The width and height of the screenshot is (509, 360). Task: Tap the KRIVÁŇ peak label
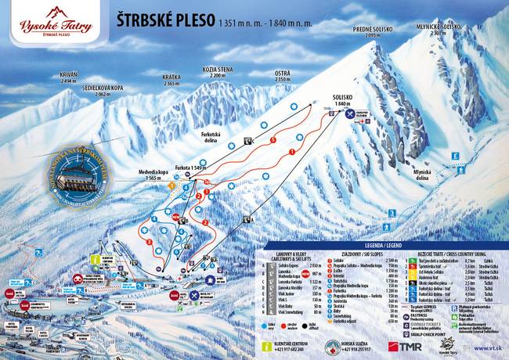(x=69, y=77)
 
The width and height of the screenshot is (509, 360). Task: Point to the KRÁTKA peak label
(x=171, y=81)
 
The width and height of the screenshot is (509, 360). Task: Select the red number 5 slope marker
(x=273, y=140)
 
